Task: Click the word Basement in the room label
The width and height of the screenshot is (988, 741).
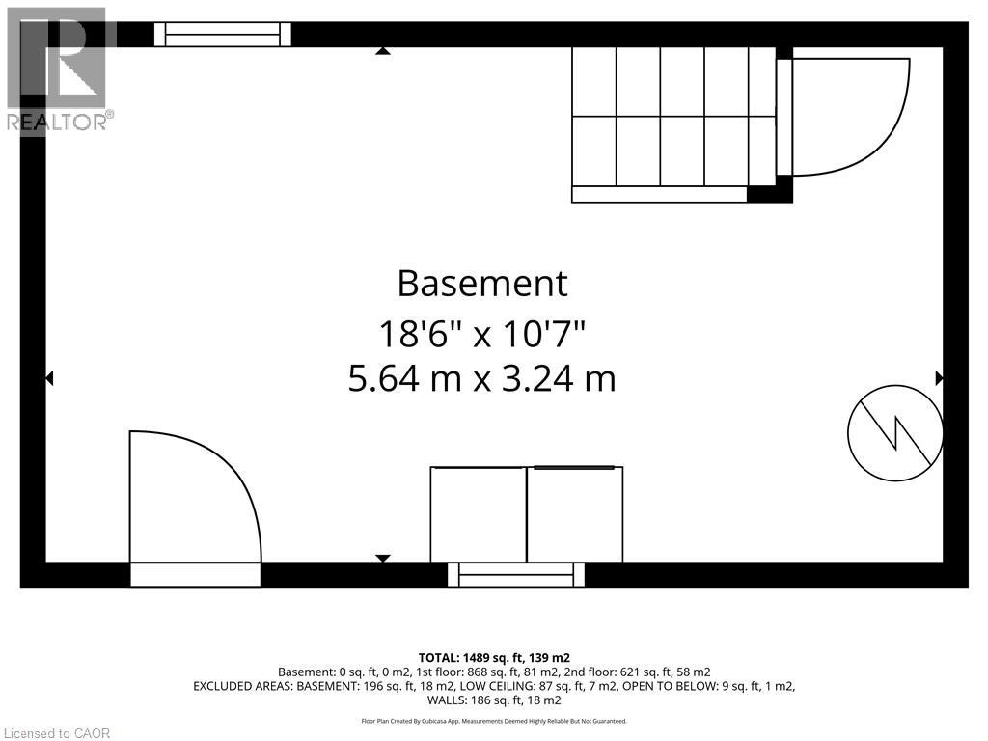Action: click(x=482, y=284)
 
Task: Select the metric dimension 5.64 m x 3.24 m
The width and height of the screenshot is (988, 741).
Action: click(x=482, y=378)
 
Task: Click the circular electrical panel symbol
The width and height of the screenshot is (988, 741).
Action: click(x=895, y=433)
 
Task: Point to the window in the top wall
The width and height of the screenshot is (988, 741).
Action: click(x=223, y=35)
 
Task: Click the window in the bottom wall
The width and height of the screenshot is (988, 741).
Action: click(x=516, y=575)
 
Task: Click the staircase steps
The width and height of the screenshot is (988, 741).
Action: click(x=673, y=117)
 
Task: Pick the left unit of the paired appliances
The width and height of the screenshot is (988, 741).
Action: click(x=479, y=514)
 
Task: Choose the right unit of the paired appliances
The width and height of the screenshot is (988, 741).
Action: click(x=575, y=514)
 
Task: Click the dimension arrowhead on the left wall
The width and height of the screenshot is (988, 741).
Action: click(x=49, y=378)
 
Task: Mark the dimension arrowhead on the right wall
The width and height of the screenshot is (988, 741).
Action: click(x=940, y=378)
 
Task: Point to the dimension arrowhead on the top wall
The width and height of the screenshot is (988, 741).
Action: click(x=382, y=51)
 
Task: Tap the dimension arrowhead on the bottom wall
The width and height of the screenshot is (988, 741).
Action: click(x=382, y=559)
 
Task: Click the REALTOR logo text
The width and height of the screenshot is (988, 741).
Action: click(x=61, y=122)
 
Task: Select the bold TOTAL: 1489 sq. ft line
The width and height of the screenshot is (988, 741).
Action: click(x=494, y=658)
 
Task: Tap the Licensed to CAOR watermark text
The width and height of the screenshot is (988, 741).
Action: click(x=56, y=733)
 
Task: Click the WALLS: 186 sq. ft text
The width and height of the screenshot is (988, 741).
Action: click(x=494, y=700)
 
